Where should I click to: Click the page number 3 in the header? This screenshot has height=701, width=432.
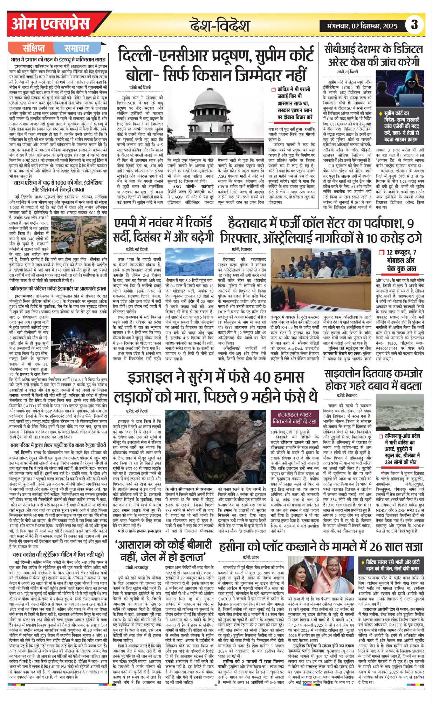point(414,25)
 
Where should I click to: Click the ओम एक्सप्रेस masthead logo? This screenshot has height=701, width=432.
point(51,24)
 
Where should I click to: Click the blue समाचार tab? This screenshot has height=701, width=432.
point(77,48)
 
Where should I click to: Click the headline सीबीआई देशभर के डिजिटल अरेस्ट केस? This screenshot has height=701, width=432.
point(373,56)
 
